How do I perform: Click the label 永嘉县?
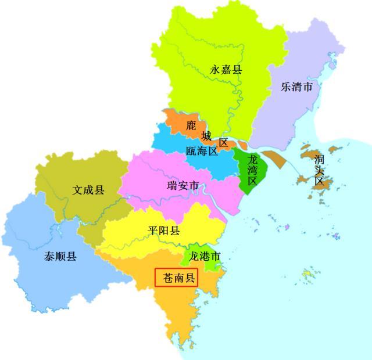[226, 70]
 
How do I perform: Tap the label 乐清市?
[296, 87]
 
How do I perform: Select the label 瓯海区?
[202, 152]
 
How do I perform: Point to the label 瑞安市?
[183, 186]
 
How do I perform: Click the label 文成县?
[88, 190]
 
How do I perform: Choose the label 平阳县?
[163, 231]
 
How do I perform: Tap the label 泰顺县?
[60, 256]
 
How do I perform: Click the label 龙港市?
[205, 256]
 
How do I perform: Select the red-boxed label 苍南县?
[176, 278]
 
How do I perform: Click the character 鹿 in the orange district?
[191, 125]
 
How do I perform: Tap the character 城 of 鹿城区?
[206, 136]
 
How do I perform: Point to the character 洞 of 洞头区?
[319, 159]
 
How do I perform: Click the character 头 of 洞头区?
[319, 170]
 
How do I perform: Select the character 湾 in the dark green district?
[252, 170]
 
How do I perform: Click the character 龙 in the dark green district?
[252, 159]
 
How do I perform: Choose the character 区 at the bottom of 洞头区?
[319, 181]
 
